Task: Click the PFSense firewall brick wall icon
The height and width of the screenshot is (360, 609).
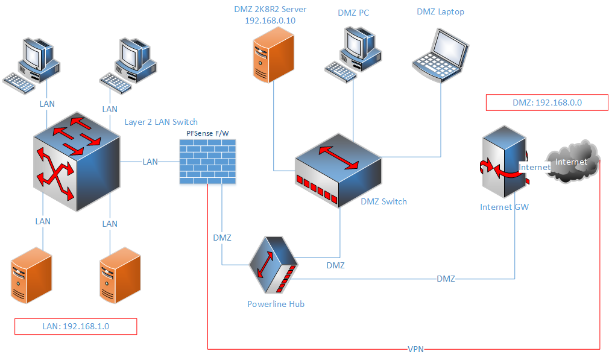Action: pyautogui.click(x=208, y=161)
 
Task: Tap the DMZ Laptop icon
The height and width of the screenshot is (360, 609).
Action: pyautogui.click(x=441, y=55)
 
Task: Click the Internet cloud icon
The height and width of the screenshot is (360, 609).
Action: pyautogui.click(x=573, y=162)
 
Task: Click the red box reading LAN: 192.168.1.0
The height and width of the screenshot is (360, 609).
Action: pyautogui.click(x=76, y=326)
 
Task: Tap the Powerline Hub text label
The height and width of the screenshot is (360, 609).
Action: pyautogui.click(x=276, y=304)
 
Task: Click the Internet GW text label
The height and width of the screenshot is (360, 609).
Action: pyautogui.click(x=504, y=207)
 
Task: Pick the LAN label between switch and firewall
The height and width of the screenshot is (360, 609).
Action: pyautogui.click(x=150, y=162)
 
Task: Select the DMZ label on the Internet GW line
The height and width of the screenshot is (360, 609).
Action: pyautogui.click(x=446, y=279)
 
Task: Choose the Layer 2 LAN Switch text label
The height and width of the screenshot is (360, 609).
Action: pyautogui.click(x=161, y=122)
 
